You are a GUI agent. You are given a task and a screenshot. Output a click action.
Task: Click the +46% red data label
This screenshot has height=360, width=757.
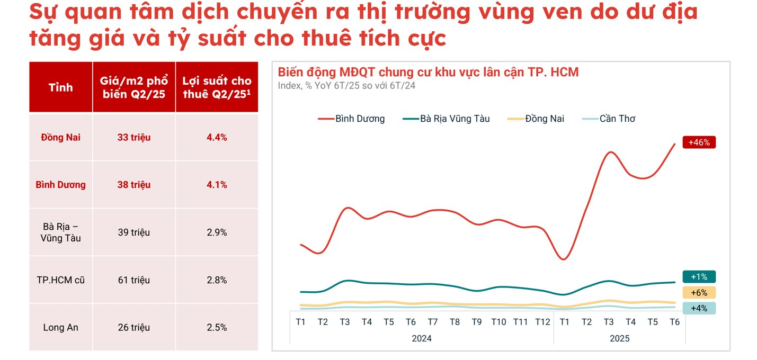[699, 142]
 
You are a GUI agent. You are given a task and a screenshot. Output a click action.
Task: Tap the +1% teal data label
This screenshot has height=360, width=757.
[699, 277]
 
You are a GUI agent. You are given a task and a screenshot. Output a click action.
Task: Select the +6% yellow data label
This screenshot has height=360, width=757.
[699, 293]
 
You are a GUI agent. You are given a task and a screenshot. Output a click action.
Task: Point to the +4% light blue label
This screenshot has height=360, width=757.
[699, 308]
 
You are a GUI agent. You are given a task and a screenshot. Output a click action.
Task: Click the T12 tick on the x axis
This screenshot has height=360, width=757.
[542, 322]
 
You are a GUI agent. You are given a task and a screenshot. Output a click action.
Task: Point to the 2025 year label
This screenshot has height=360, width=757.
[619, 338]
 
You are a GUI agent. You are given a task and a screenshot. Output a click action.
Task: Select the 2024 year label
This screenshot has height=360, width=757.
[422, 338]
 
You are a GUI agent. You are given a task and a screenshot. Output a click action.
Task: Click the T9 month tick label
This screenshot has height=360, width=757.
[476, 322]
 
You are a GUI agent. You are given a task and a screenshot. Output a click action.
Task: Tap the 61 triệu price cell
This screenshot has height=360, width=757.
[134, 280]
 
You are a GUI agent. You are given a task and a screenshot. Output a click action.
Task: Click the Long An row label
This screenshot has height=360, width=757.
[60, 328]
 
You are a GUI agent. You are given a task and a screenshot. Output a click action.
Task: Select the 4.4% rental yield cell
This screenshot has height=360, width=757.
[217, 138]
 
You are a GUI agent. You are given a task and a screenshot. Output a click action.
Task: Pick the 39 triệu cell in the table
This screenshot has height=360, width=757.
[134, 232]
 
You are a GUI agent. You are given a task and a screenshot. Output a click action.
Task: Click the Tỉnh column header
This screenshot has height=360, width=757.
[60, 87]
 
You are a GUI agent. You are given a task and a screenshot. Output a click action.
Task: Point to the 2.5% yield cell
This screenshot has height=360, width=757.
[217, 328]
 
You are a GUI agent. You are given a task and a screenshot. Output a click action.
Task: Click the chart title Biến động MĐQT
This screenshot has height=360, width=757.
[428, 72]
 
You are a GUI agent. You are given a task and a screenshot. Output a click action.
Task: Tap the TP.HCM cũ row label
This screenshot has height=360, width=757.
[60, 280]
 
